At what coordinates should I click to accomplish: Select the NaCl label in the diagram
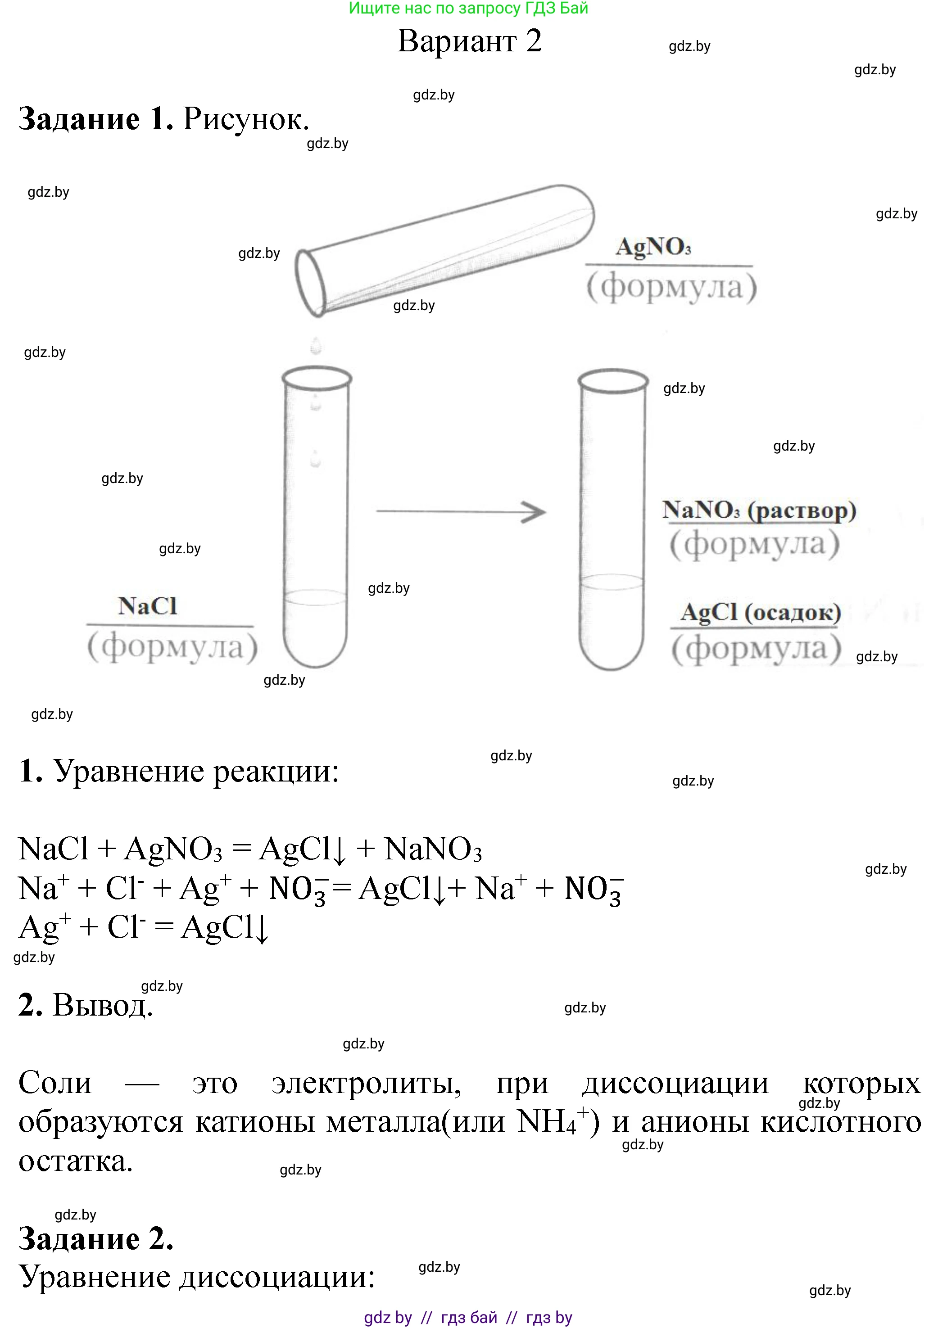point(148,606)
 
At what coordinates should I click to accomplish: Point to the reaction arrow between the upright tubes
point(461,511)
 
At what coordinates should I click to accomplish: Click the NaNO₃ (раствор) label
point(759,510)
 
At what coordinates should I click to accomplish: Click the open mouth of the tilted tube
point(311,283)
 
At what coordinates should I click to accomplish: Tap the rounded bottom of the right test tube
point(612,650)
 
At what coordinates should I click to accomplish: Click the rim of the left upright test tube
point(317,379)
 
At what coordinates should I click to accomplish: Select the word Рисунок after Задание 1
point(246,119)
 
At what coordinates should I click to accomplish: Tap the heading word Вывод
point(102,1005)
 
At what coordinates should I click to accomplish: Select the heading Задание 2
point(96,1238)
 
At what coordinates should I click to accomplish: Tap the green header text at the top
point(468,8)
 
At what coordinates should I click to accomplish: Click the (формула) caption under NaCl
point(172,646)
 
